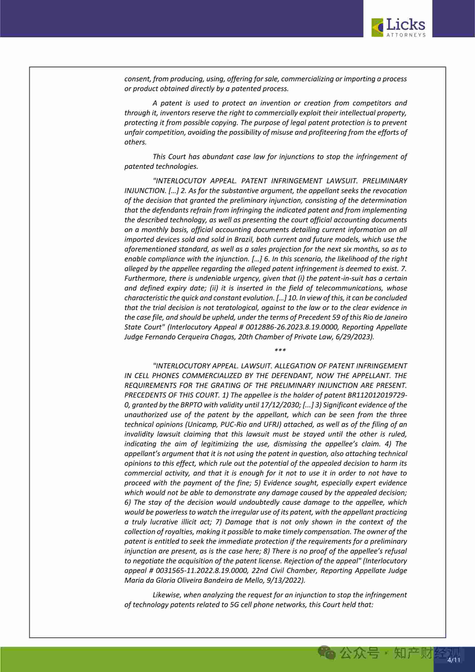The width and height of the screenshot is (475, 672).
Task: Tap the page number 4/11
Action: (454, 660)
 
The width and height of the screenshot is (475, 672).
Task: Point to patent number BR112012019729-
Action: (377, 395)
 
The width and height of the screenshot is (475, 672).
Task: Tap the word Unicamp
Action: (199, 424)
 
